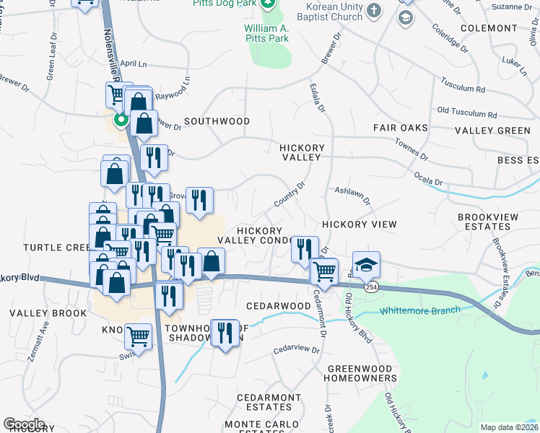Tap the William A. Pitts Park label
[x=266, y=28]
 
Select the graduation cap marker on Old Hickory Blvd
[x=366, y=265]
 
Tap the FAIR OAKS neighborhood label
[x=401, y=128]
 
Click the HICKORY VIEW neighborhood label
[x=360, y=224]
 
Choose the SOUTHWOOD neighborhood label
[x=217, y=121]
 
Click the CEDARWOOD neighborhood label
[x=278, y=306]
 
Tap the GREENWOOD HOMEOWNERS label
[x=360, y=372]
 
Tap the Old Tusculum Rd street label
[x=467, y=113]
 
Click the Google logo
[x=24, y=424]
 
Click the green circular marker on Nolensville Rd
[x=121, y=120]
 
